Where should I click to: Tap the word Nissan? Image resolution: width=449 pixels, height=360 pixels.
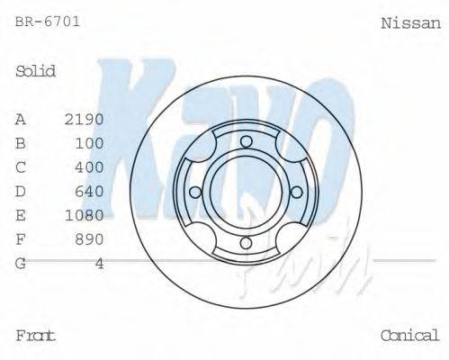410,22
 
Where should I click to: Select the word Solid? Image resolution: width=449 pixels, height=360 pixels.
36,71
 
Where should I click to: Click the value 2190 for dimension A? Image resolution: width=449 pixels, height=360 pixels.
85,119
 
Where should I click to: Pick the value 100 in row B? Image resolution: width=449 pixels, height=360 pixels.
90,143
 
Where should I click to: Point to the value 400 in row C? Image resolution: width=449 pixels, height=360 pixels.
90,166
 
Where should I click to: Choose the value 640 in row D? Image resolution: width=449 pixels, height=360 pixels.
90,191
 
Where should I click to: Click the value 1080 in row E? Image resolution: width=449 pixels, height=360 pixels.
85,215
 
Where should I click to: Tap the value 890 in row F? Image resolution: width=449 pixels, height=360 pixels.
90,238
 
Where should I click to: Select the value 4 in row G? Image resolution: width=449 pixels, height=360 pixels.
99,263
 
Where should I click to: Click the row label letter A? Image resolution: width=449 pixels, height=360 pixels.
21,119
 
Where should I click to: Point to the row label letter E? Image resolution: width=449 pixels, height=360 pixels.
21,215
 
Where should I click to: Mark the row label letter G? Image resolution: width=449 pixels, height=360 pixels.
21,263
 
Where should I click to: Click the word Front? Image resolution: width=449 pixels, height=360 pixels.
36,336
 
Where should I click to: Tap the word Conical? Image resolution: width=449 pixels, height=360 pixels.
409,336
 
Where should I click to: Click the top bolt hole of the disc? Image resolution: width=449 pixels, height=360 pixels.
246,140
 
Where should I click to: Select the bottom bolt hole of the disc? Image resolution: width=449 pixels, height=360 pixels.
246,242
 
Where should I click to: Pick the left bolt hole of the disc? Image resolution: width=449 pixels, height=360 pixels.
195,191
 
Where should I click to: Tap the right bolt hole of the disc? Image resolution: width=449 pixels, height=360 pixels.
296,191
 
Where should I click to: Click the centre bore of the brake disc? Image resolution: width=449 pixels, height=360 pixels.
246,191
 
